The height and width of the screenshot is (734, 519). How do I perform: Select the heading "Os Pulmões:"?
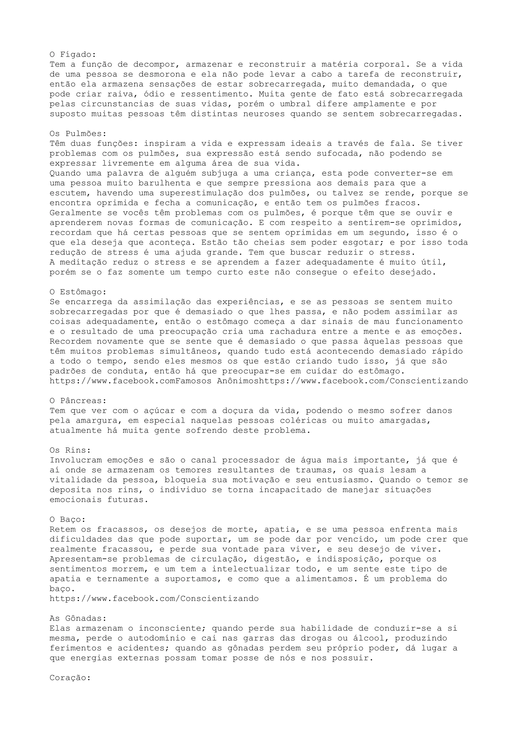coord(78,134)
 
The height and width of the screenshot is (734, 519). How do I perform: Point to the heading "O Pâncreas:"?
coord(78,401)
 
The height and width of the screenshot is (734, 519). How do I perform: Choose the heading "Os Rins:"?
coord(70,450)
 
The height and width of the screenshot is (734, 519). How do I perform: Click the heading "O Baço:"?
coord(67,519)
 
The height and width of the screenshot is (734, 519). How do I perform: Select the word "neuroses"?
coord(264,114)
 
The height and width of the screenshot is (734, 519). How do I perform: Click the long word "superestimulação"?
coord(201,193)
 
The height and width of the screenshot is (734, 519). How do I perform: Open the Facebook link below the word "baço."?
coord(154,598)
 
